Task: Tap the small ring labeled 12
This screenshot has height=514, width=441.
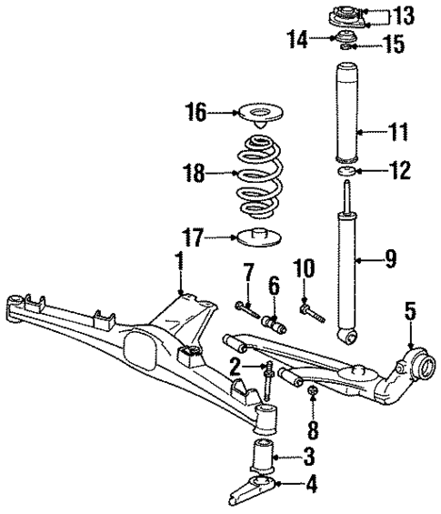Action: click(347, 169)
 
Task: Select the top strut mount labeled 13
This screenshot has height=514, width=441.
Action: click(347, 15)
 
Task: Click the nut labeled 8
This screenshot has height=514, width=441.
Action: click(311, 392)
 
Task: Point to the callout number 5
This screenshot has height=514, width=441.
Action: click(410, 313)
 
